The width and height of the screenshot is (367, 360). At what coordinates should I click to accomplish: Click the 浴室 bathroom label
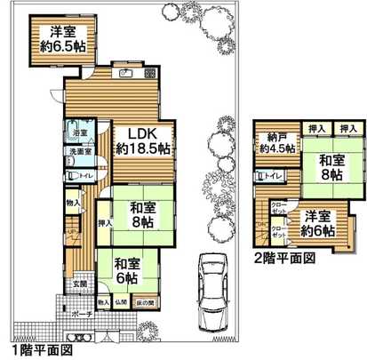78,132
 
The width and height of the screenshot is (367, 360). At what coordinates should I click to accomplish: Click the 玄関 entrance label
80,284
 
